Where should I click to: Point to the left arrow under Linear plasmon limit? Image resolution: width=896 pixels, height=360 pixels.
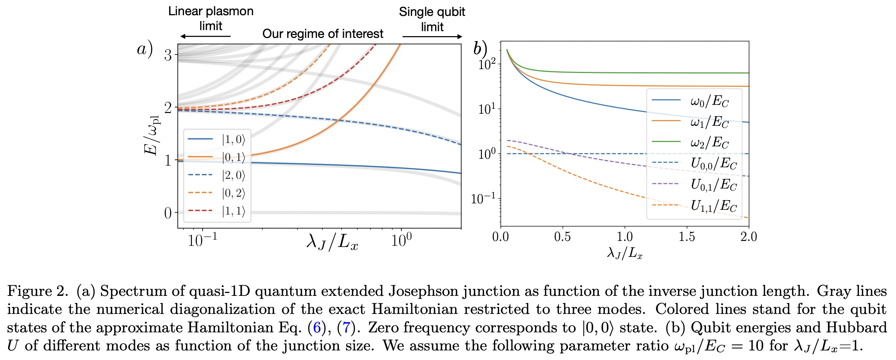205,36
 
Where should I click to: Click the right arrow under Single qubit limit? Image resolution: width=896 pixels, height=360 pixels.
432,36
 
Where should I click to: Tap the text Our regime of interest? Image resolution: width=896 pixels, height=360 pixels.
323,34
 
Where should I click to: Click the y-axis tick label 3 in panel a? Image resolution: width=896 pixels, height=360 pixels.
168,55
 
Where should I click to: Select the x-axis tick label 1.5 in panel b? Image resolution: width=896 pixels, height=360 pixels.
687,237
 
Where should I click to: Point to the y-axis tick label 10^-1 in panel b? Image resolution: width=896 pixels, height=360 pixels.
483,199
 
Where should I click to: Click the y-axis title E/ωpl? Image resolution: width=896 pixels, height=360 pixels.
152,135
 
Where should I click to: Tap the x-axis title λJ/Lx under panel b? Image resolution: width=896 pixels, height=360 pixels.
625,253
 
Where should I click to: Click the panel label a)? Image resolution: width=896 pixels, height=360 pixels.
145,49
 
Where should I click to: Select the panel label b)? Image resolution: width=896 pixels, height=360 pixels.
480,49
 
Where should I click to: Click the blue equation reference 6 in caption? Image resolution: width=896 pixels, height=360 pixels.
317,327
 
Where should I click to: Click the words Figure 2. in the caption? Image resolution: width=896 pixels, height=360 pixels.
37,291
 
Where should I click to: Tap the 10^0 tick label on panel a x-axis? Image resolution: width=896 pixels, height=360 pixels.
401,241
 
